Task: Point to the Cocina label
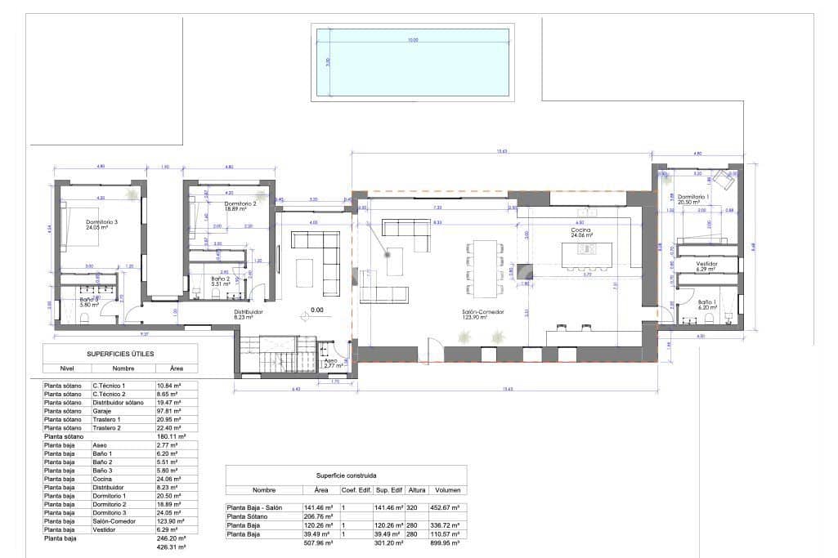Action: coord(581,231)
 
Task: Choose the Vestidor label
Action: coord(706,264)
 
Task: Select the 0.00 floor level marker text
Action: coord(316,310)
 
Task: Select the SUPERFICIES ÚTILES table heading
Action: coord(120,353)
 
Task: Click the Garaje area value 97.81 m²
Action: coord(168,411)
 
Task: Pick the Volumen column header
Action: coord(450,490)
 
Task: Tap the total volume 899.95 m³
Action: coord(450,541)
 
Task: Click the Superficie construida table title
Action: coord(346,474)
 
